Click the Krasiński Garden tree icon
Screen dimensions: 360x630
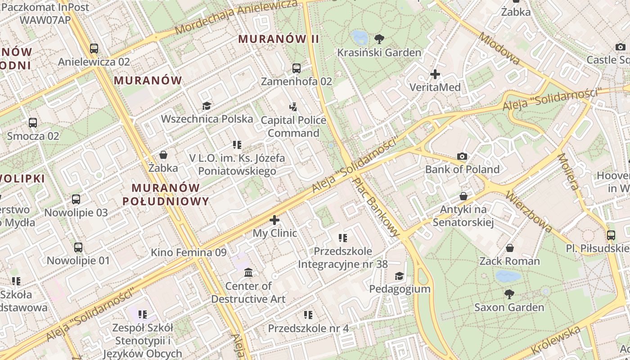tap(379, 39)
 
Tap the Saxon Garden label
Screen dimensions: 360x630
tap(509, 307)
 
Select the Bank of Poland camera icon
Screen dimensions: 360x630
tap(462, 157)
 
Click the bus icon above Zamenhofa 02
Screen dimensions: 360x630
tap(296, 68)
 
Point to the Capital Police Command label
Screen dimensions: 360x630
tap(293, 126)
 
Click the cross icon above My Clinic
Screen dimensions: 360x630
tap(274, 220)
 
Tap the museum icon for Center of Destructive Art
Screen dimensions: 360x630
tap(248, 272)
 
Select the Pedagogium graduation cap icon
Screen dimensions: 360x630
tap(399, 276)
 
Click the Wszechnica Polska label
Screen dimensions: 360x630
tap(207, 119)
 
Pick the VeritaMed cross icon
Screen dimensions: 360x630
tap(435, 74)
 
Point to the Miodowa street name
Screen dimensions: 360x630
tap(499, 49)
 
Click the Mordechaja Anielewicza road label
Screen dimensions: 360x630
tap(236, 17)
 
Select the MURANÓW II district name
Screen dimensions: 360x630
tap(279, 39)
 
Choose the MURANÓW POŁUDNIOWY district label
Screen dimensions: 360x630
tap(166, 194)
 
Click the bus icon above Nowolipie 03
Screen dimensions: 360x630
tap(76, 199)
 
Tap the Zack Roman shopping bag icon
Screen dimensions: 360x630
tap(510, 248)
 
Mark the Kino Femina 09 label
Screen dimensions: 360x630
tap(189, 252)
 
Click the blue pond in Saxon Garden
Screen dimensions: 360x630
tap(508, 276)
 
